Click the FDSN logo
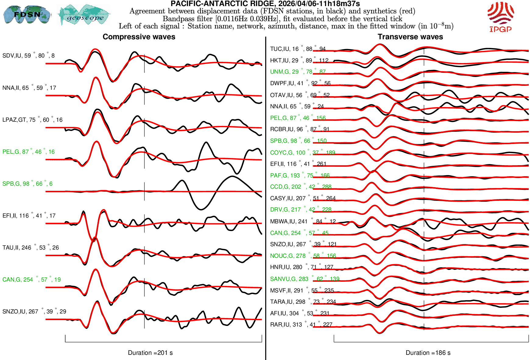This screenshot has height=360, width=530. point(27,14)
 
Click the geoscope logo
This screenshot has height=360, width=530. point(84,15)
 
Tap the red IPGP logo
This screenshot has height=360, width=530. point(500,17)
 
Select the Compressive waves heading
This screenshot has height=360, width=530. point(139,37)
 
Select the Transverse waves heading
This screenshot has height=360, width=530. point(410,37)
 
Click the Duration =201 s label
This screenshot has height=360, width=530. point(150,353)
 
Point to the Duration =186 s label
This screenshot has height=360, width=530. point(428,353)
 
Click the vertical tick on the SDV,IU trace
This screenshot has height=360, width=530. point(144,64)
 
